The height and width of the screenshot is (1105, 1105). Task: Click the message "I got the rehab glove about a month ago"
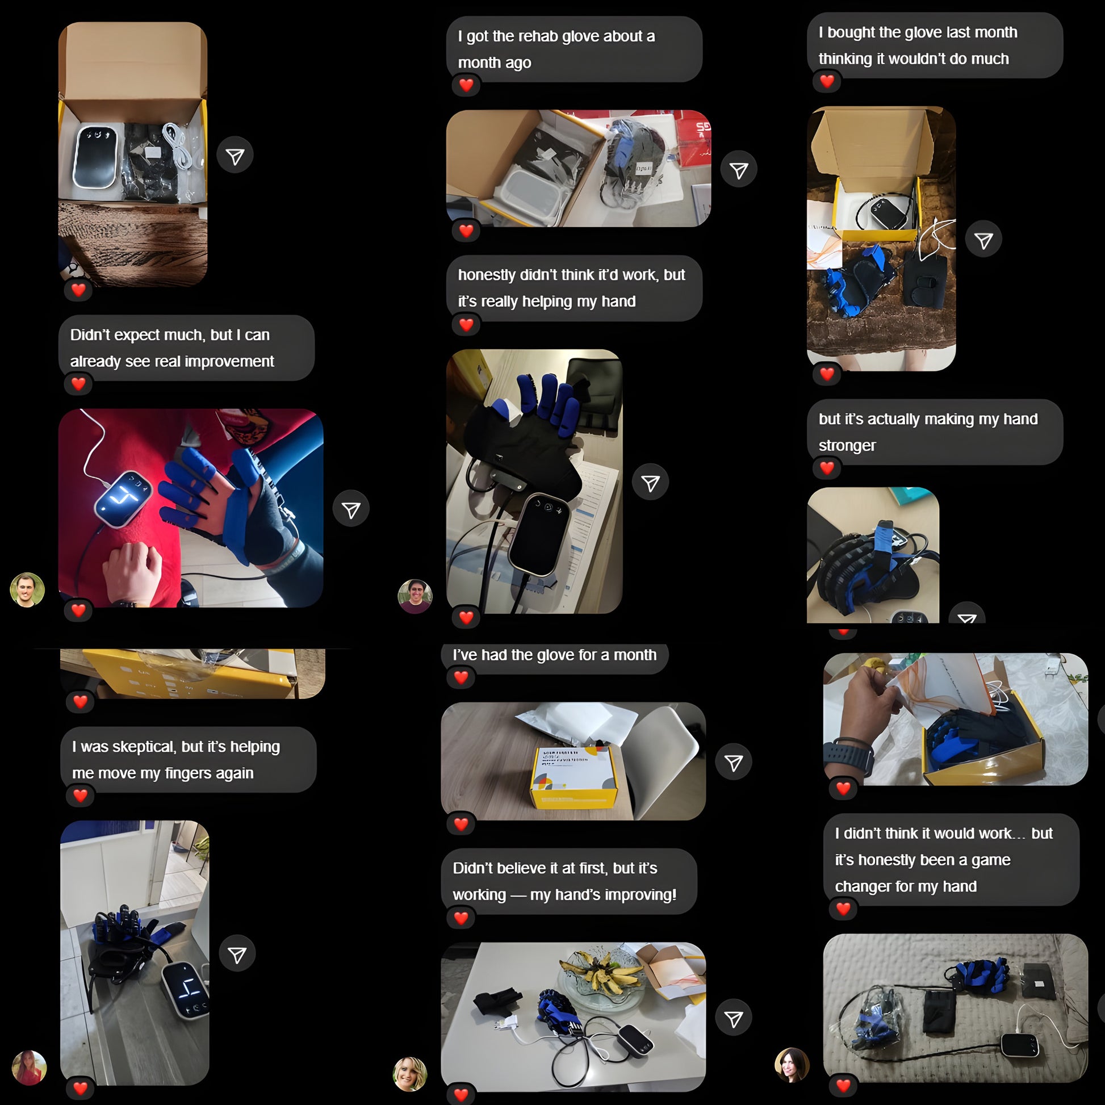point(574,49)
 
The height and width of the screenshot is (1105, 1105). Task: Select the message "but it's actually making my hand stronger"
point(935,432)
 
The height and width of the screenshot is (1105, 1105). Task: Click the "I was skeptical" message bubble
point(188,760)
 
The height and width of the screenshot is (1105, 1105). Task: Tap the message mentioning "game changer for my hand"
point(951,860)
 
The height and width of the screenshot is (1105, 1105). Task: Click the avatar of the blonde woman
point(410,1074)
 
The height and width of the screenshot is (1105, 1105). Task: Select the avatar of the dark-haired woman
point(792,1065)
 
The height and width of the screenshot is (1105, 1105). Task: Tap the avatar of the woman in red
point(29,1068)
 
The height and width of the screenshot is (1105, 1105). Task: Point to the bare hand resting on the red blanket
point(132,572)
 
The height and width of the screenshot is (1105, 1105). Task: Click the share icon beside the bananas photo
point(733,1018)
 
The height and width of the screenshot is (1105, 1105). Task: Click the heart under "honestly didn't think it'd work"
point(466,325)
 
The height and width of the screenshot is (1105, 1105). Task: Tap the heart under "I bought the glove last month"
point(827,81)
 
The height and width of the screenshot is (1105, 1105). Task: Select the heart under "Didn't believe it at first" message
point(461,918)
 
